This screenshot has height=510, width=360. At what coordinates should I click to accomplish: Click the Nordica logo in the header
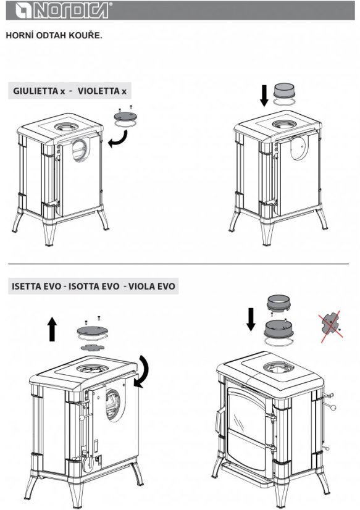click(x=62, y=10)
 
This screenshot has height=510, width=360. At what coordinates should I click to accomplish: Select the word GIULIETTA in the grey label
click(x=35, y=91)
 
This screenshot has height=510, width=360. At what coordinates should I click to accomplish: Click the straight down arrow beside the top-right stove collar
click(x=264, y=96)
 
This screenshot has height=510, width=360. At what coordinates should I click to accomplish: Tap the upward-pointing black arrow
click(x=52, y=329)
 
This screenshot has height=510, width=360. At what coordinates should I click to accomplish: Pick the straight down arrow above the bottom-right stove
click(x=251, y=319)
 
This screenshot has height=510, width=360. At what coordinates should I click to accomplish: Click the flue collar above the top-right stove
click(x=284, y=91)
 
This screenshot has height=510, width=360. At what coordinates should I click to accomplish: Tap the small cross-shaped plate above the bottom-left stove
click(x=93, y=348)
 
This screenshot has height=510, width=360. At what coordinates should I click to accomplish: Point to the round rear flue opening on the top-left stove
click(x=81, y=150)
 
